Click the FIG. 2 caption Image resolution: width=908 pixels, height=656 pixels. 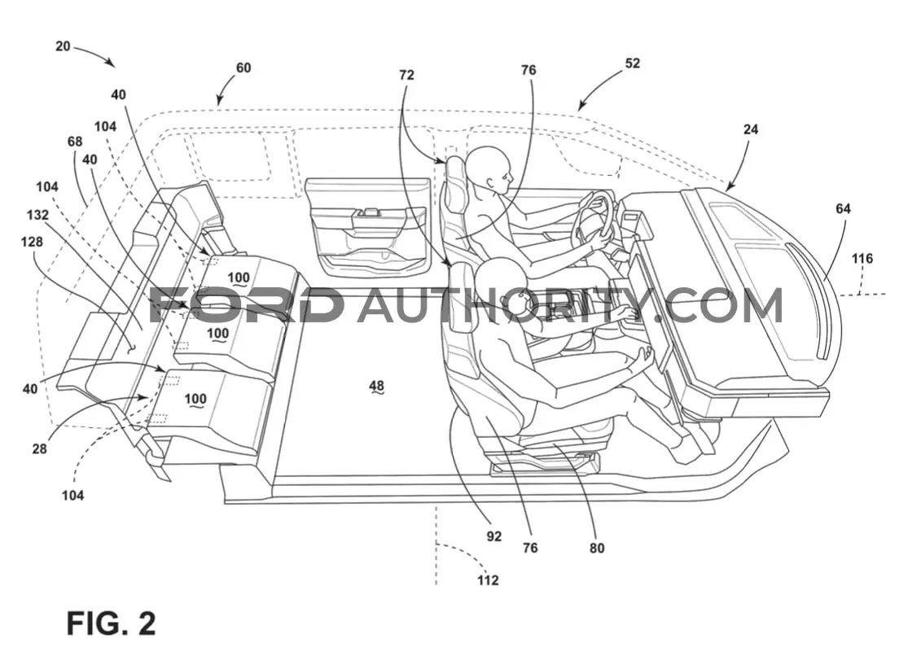[112, 623]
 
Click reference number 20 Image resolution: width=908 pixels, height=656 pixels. [63, 46]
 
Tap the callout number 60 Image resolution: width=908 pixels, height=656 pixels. [243, 68]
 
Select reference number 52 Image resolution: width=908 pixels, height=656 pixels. [633, 63]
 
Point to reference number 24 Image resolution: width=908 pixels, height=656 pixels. [751, 129]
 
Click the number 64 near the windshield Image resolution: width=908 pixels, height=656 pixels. [843, 208]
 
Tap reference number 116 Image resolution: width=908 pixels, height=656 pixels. [862, 259]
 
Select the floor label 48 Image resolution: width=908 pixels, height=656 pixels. [376, 386]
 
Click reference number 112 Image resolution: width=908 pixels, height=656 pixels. [488, 580]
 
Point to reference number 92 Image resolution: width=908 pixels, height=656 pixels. [494, 536]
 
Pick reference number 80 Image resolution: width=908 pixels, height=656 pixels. [596, 548]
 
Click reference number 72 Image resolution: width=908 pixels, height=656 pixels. [406, 75]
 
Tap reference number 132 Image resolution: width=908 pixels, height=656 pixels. [37, 215]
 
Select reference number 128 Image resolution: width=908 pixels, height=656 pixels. [32, 242]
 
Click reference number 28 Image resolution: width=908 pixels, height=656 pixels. [39, 448]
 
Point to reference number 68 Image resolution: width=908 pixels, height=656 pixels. [75, 142]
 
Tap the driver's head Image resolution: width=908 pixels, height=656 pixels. [490, 169]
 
